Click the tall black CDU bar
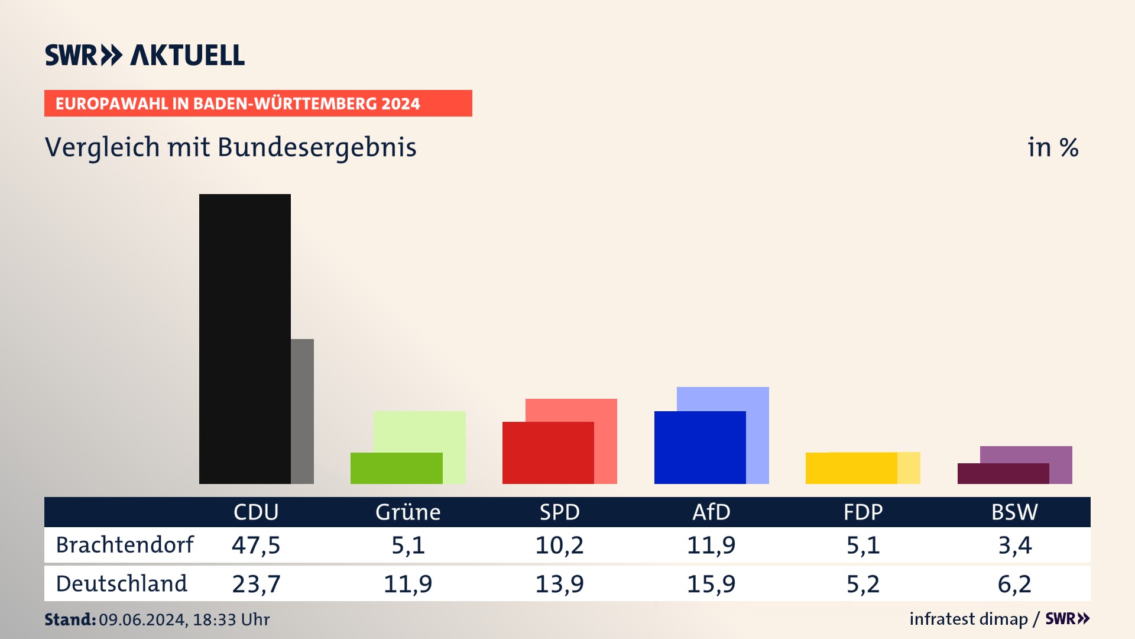coord(245,338)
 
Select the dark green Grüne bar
coord(396,468)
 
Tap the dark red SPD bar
coord(548,453)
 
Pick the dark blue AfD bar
coord(700,447)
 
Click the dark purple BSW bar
coord(1003,473)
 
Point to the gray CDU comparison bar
coord(302,411)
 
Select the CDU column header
coord(256,512)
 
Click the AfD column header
coord(711,512)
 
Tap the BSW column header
coord(1014,512)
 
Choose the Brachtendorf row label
coord(125,545)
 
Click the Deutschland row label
coord(122,584)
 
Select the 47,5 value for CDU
coord(256,545)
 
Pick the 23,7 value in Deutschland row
coord(256,584)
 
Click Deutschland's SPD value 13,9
coord(559,584)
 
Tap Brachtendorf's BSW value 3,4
coord(1014,545)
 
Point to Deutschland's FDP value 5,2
coord(863,584)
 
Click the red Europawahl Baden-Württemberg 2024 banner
coord(258,104)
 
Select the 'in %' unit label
coord(1053,147)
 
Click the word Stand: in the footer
coord(70,619)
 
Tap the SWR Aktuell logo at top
coord(145,55)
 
